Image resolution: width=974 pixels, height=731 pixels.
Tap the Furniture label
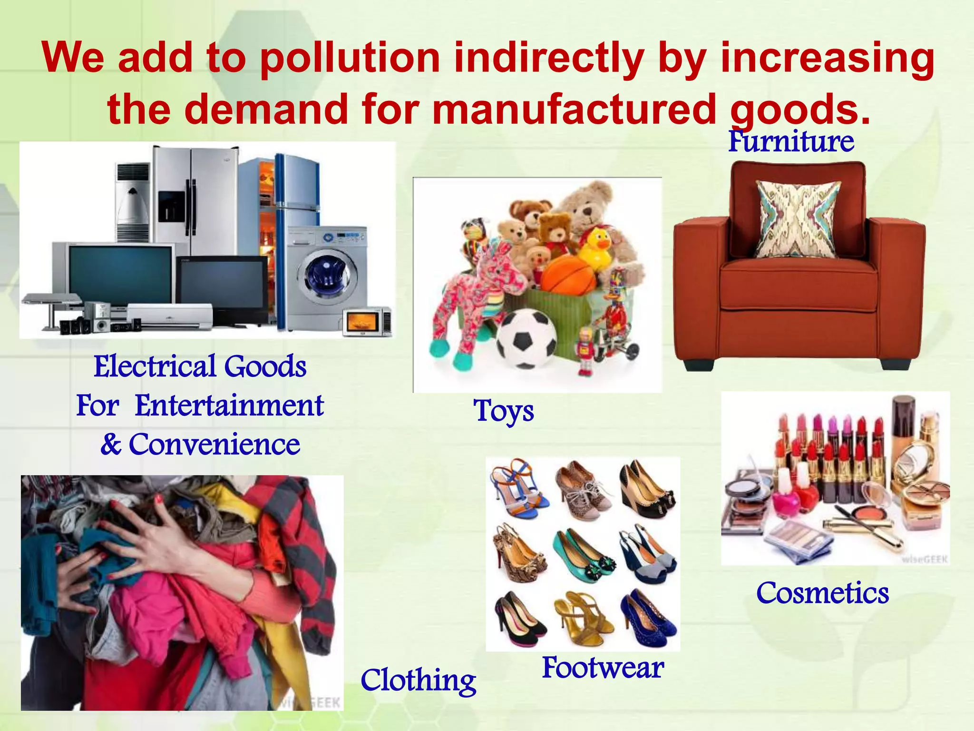point(791,141)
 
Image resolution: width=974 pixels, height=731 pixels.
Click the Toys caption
point(504,411)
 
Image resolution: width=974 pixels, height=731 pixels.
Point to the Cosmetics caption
point(822,593)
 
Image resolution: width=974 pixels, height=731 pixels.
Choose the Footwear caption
point(603,668)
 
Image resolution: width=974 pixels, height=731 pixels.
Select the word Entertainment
point(229,406)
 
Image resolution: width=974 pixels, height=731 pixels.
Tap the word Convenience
point(214,445)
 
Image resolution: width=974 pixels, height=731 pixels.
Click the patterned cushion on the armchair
point(798,219)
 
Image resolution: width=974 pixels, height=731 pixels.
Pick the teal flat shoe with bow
point(584,552)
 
